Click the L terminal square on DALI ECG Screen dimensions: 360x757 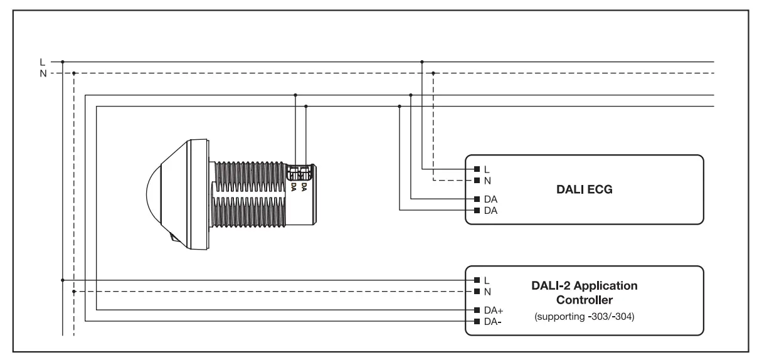[x=477, y=169]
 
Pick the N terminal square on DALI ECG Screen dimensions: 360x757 [x=477, y=180]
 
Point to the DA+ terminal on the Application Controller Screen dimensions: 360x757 [x=477, y=310]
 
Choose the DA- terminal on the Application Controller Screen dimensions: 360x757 [x=477, y=321]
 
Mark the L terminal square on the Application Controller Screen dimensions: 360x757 [x=477, y=280]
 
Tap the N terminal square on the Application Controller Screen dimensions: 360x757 [x=477, y=291]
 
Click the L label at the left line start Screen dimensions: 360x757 [x=43, y=61]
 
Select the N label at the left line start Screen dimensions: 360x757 [x=43, y=73]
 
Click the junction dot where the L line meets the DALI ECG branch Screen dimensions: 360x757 [x=422, y=61]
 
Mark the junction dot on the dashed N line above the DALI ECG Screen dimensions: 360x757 [x=433, y=73]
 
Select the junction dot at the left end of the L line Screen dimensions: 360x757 [x=63, y=61]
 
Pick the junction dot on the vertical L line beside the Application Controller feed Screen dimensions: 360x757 [x=63, y=280]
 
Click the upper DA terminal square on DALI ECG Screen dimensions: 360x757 [x=477, y=198]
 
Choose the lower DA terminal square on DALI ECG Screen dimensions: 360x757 [x=477, y=209]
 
